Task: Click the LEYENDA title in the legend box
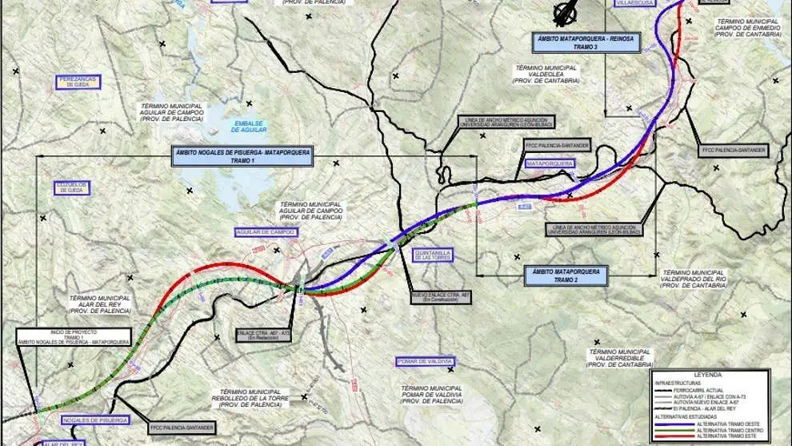pos(709,374)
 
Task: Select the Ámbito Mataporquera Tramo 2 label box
pos(565,275)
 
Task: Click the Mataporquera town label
pos(550,163)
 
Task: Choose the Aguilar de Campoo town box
pos(266,232)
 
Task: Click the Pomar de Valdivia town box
pos(425,362)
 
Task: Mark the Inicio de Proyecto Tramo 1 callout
pos(56,336)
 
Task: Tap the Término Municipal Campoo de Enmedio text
pos(747,28)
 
